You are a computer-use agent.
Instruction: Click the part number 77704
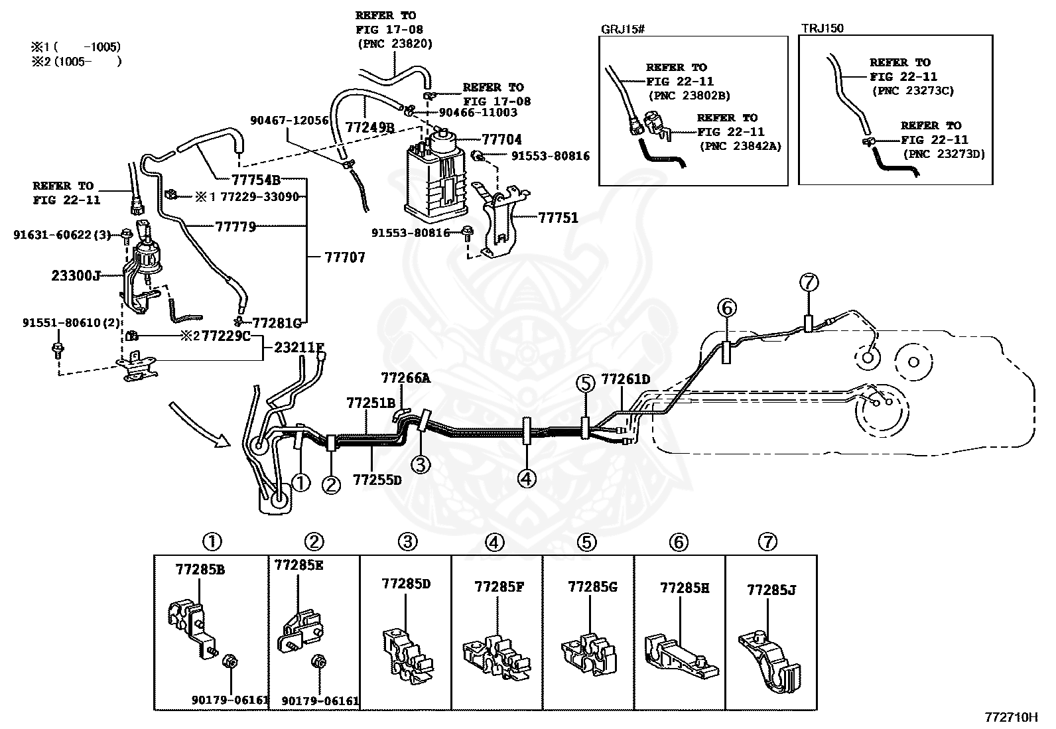click(x=501, y=139)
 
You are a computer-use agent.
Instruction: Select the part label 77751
click(x=558, y=218)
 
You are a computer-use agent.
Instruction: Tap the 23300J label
click(x=76, y=275)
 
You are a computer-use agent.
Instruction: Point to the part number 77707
click(x=345, y=257)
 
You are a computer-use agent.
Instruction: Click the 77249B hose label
click(x=370, y=128)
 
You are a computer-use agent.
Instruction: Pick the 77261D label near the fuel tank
click(x=626, y=379)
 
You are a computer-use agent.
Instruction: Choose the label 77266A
click(x=405, y=377)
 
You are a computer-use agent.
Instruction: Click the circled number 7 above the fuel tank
click(x=809, y=283)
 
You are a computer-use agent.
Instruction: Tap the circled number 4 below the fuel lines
click(x=527, y=479)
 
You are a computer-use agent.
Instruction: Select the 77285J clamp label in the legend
click(x=771, y=590)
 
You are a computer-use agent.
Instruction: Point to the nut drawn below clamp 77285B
click(x=230, y=661)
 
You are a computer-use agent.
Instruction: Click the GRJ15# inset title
click(x=622, y=29)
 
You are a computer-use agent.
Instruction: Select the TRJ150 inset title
click(x=823, y=29)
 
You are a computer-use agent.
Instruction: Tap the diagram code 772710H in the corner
click(x=1011, y=717)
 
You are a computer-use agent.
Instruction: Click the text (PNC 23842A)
click(x=740, y=146)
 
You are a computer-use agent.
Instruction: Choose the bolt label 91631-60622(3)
click(x=62, y=234)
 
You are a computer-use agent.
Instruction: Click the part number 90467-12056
click(x=289, y=120)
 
